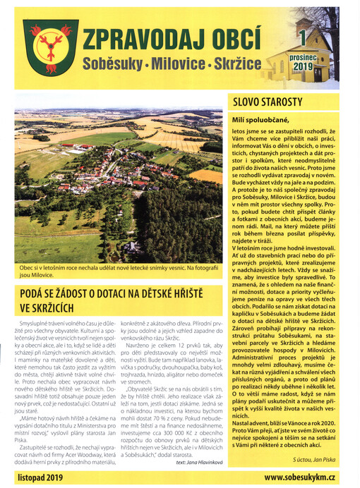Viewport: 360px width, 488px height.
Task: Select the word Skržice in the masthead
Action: pos(236,66)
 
